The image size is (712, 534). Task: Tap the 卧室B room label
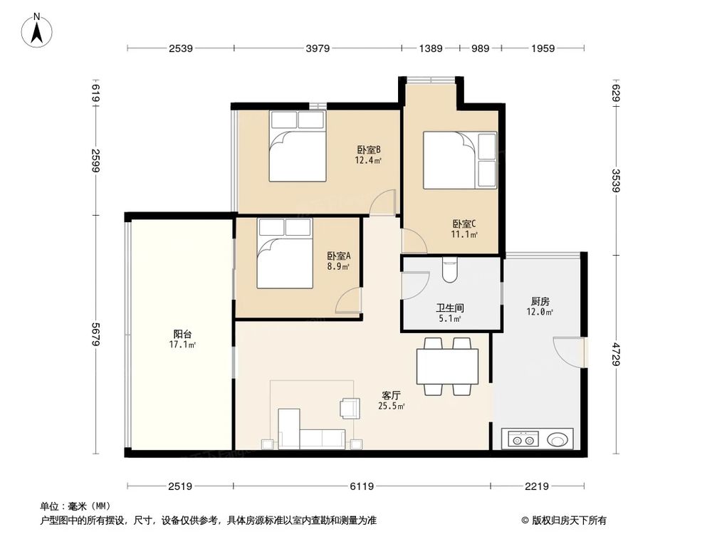tap(368, 150)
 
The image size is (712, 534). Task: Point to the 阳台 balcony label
tap(182, 334)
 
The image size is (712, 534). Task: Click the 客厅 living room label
tap(391, 395)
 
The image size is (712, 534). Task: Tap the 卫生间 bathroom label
tap(449, 308)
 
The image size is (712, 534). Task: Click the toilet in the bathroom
tap(449, 268)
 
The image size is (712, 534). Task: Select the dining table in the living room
tap(448, 366)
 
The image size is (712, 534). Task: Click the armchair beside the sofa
tap(350, 407)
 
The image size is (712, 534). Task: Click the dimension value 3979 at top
tap(318, 48)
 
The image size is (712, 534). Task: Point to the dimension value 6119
tap(362, 486)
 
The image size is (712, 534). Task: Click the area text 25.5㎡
tap(391, 407)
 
